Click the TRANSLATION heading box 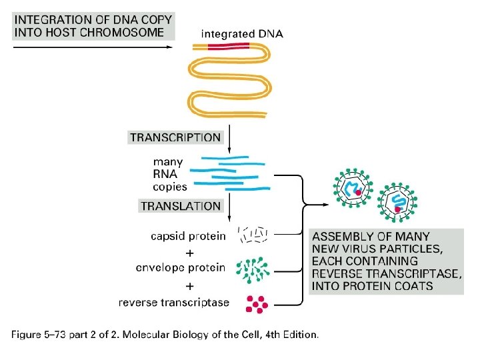click(x=180, y=206)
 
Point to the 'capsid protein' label click(x=188, y=236)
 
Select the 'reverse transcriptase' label click(x=174, y=303)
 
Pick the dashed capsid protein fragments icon click(x=254, y=235)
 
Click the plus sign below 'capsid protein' click(x=189, y=253)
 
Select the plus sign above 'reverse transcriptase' click(x=189, y=286)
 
